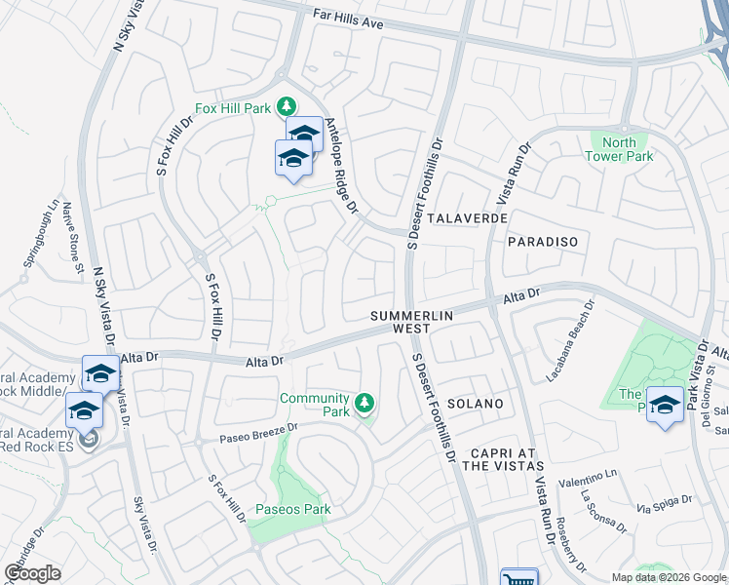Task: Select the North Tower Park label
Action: pyautogui.click(x=621, y=149)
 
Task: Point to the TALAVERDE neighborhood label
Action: pyautogui.click(x=467, y=218)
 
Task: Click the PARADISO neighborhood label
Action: pyautogui.click(x=543, y=241)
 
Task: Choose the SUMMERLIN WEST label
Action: pyautogui.click(x=401, y=323)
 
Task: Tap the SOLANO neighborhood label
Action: pyautogui.click(x=475, y=403)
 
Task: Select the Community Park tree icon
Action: pyautogui.click(x=364, y=403)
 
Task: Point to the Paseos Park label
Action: pyautogui.click(x=292, y=509)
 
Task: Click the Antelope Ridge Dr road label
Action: pyautogui.click(x=342, y=166)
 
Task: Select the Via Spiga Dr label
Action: pyautogui.click(x=665, y=505)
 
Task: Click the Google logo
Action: pyautogui.click(x=32, y=573)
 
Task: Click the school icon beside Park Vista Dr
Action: pyautogui.click(x=665, y=404)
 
